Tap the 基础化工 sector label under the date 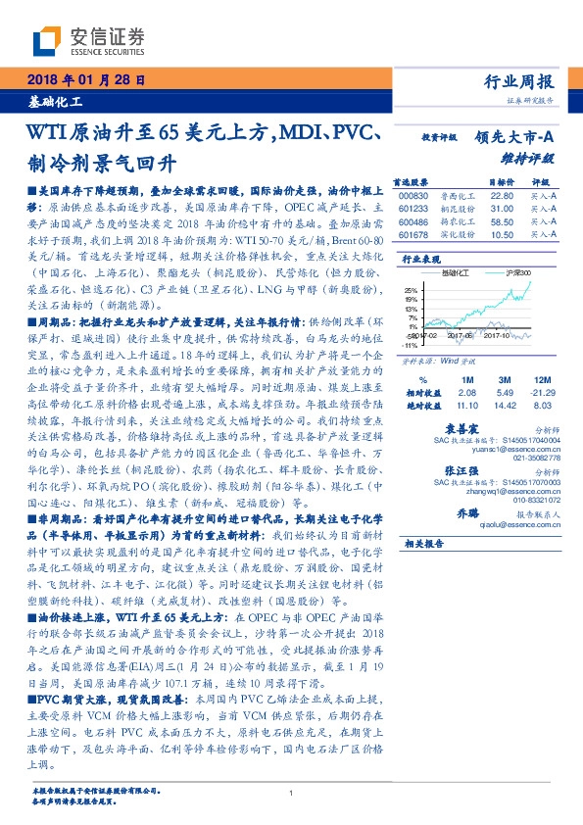tap(55, 102)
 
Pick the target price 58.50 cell tap(501, 222)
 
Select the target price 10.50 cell tap(501, 235)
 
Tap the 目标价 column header tap(501, 182)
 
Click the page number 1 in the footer tap(292, 793)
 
